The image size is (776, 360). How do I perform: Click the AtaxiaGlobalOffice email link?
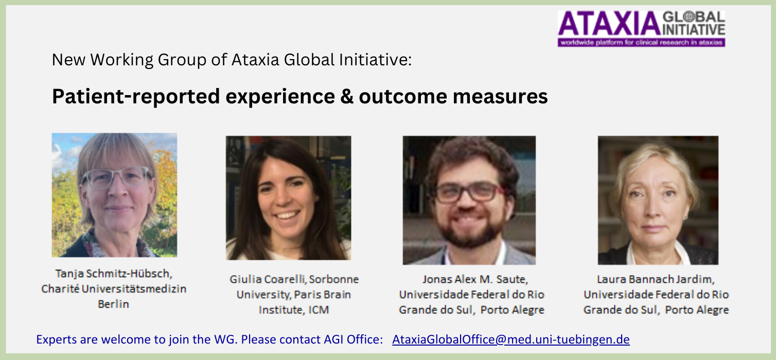point(510,339)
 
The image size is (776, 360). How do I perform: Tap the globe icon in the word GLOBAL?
point(690,16)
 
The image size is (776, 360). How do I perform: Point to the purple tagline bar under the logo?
point(641,43)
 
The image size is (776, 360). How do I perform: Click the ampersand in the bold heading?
point(347,96)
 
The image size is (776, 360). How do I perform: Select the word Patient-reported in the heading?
point(136,97)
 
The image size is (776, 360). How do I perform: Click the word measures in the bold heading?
point(500,97)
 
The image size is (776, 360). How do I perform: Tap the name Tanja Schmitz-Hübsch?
point(114,274)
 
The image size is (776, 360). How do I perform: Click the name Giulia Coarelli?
point(267,279)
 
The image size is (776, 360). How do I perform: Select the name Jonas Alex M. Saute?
point(475,279)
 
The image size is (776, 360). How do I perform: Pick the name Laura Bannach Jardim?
point(656,279)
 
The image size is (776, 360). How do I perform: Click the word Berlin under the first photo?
point(113,304)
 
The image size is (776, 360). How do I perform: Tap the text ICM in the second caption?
point(319,310)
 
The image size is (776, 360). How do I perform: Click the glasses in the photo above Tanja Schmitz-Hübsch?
point(117,177)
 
